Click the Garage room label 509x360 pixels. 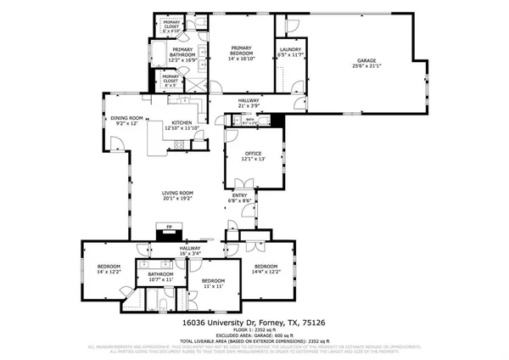(366, 60)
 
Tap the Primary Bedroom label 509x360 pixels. (242, 52)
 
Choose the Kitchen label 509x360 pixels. (182, 125)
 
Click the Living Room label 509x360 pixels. (178, 194)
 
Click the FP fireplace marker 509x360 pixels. (169, 227)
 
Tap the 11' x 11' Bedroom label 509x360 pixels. (213, 283)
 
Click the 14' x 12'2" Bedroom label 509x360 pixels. (109, 268)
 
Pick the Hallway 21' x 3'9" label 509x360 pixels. (248, 103)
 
